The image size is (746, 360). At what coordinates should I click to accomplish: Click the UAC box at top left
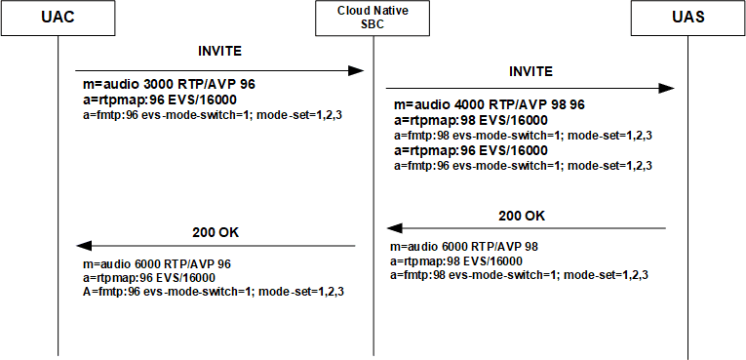coord(59,19)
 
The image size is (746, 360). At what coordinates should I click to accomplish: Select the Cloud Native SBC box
coord(373,19)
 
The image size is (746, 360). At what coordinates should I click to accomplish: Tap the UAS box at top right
coord(687,19)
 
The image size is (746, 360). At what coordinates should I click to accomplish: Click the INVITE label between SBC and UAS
coord(530,71)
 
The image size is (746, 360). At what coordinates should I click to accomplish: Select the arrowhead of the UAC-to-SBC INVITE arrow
coord(357,70)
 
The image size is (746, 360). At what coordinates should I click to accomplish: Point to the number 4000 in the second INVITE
coord(458,104)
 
